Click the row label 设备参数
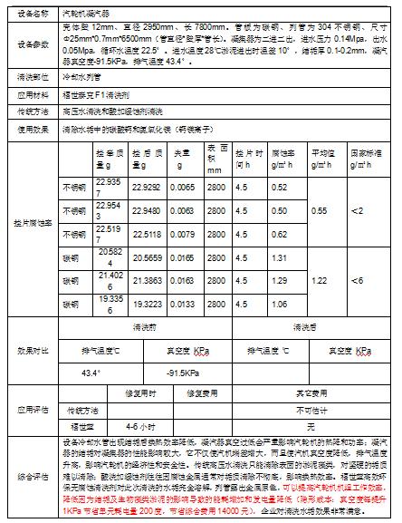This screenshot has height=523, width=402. pos(30,44)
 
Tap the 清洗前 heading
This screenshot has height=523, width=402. pos(145,324)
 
